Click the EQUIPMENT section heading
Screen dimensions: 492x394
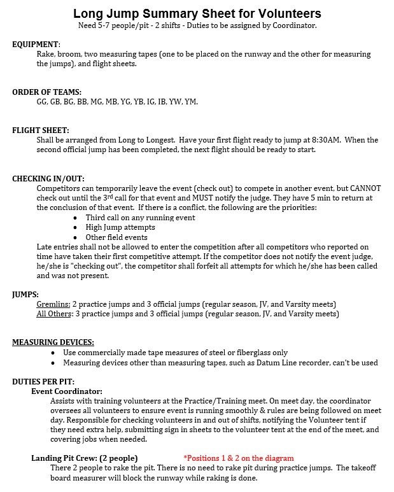point(36,45)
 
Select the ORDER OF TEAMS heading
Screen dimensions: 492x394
point(46,92)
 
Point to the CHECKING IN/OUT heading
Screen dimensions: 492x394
point(48,179)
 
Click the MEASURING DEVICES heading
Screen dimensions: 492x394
point(53,342)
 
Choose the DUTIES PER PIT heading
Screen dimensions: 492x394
point(45,381)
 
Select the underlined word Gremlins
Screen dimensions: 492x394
point(53,304)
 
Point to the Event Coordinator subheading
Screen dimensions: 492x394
point(67,391)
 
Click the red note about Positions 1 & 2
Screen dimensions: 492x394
point(239,458)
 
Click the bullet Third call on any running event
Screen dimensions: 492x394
point(140,218)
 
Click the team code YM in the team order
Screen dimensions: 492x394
point(190,101)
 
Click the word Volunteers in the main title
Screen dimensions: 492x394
point(289,13)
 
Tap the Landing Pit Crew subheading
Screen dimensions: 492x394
point(84,458)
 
